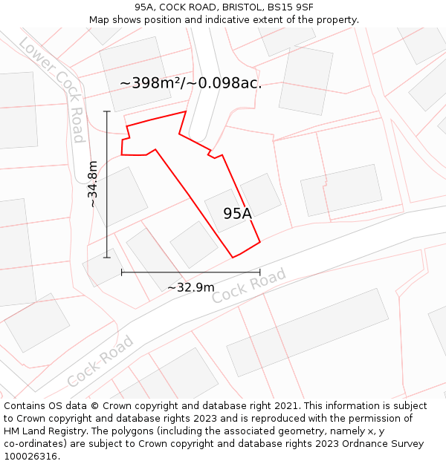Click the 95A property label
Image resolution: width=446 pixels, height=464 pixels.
[238, 214]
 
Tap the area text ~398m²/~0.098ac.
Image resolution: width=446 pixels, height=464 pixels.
[191, 83]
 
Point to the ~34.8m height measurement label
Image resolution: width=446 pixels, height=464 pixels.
[93, 184]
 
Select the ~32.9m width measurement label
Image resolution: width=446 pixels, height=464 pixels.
[190, 287]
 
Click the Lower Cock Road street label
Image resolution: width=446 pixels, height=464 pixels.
[53, 89]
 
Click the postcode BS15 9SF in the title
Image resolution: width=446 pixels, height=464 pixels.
[290, 7]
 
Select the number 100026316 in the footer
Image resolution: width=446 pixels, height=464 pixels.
[30, 457]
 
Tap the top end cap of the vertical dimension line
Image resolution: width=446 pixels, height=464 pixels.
[107, 111]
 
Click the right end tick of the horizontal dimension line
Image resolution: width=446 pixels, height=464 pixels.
[259, 272]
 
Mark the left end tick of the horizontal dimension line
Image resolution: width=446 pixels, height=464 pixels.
[121, 272]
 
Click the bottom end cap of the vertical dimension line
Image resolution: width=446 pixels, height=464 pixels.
[107, 258]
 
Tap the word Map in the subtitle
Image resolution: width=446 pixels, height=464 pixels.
[99, 19]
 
